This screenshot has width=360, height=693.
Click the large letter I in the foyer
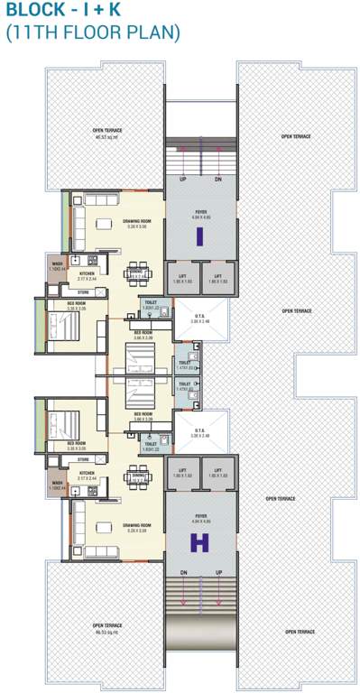click(x=199, y=236)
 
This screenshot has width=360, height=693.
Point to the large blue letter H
click(x=198, y=543)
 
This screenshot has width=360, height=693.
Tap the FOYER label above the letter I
click(x=199, y=212)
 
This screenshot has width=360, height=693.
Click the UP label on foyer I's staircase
click(x=184, y=180)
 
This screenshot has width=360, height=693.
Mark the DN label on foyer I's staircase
click(x=217, y=180)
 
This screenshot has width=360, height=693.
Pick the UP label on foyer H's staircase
click(x=217, y=575)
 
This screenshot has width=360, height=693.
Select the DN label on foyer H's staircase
click(x=184, y=575)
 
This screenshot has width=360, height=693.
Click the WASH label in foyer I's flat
click(x=57, y=264)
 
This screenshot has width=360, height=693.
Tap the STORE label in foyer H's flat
click(x=83, y=459)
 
